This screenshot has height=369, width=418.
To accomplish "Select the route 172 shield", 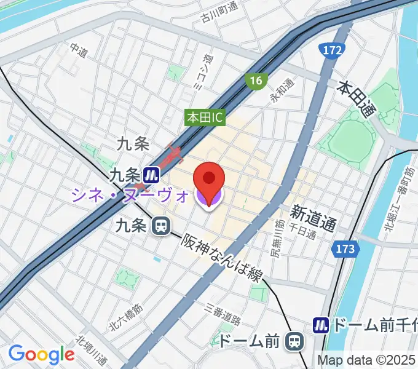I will click(x=331, y=50).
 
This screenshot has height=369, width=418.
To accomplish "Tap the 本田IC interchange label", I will click(x=206, y=116).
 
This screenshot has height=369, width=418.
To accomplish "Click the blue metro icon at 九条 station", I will click(x=150, y=176).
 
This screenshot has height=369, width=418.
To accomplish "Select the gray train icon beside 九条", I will click(x=161, y=226).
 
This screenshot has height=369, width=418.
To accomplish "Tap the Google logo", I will click(x=41, y=354).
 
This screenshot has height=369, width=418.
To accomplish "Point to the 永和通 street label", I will click(x=281, y=90).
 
